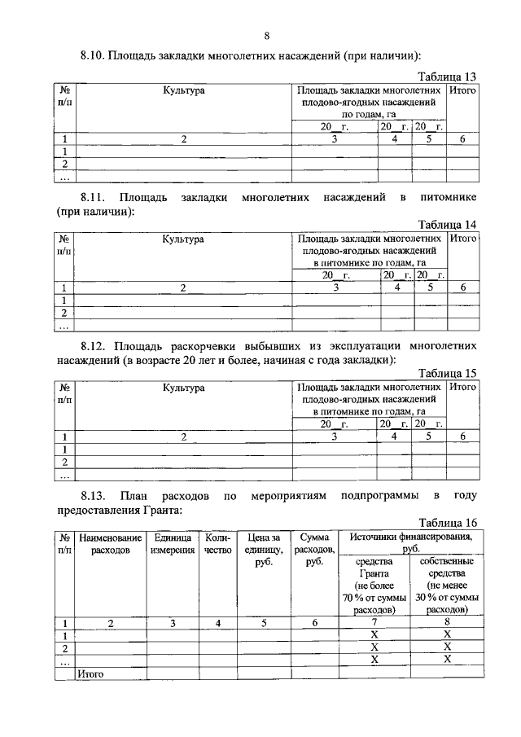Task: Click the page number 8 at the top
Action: (x=266, y=35)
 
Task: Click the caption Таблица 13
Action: (x=447, y=76)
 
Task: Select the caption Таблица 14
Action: (x=447, y=225)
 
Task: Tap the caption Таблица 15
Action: (x=447, y=374)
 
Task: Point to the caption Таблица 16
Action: (x=447, y=523)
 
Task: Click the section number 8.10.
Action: (x=94, y=56)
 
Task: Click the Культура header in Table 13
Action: (x=183, y=91)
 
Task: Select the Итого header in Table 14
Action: (x=462, y=239)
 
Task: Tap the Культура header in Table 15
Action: (x=182, y=388)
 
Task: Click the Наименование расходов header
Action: (x=111, y=544)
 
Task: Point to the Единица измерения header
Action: (x=173, y=544)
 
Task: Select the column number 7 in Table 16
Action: (x=375, y=623)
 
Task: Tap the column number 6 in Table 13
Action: (x=462, y=139)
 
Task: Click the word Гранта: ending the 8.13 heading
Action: (x=160, y=510)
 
